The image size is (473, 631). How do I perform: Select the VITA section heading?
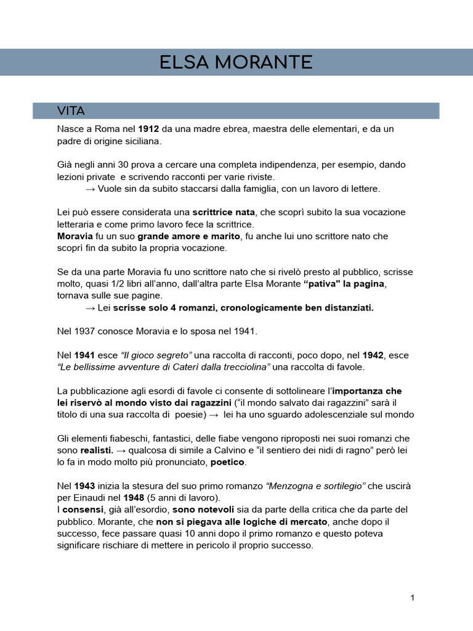click(70, 111)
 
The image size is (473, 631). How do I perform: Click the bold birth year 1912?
click(148, 129)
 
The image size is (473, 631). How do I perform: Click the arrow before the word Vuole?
click(91, 189)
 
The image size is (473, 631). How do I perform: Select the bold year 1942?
click(373, 356)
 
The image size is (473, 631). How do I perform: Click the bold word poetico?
click(227, 462)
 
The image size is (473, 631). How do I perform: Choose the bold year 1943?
click(84, 486)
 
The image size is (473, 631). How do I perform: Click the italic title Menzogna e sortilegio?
click(315, 486)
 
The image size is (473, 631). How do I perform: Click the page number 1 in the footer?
click(412, 598)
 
